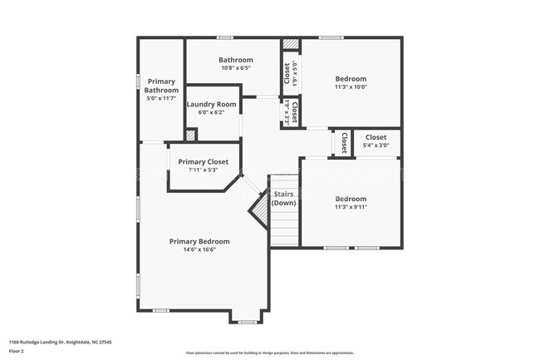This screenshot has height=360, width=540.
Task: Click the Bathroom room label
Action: [236, 60]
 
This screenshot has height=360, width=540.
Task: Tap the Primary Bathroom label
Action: [161, 86]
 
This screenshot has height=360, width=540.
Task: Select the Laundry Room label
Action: [211, 105]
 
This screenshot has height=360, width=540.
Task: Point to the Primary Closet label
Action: [203, 161]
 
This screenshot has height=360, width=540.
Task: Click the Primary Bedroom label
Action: [199, 241]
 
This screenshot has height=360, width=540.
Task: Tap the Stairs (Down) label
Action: [283, 198]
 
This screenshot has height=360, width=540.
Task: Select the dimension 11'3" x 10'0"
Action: [351, 86]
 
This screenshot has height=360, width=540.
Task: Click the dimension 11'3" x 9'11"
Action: [351, 207]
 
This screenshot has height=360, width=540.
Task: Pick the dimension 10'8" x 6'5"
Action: [236, 68]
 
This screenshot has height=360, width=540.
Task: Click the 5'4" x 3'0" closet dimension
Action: [376, 145]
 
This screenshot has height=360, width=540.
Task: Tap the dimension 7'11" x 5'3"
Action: [203, 170]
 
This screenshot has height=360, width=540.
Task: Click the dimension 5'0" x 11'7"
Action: [161, 98]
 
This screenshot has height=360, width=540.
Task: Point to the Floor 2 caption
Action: [17, 351]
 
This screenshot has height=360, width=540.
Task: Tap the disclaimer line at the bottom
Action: [269, 353]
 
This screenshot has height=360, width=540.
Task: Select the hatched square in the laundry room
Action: [190, 134]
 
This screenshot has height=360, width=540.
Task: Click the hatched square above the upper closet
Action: [290, 44]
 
